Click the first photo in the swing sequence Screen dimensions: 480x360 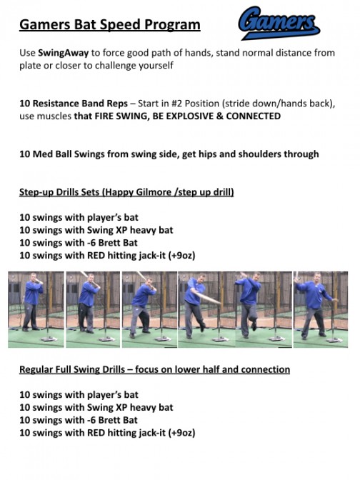pyautogui.click(x=35, y=309)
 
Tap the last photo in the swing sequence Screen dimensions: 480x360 pyautogui.click(x=321, y=309)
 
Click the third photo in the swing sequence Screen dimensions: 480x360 pyautogui.click(x=149, y=309)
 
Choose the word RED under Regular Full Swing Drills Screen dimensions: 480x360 pyautogui.click(x=89, y=433)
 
